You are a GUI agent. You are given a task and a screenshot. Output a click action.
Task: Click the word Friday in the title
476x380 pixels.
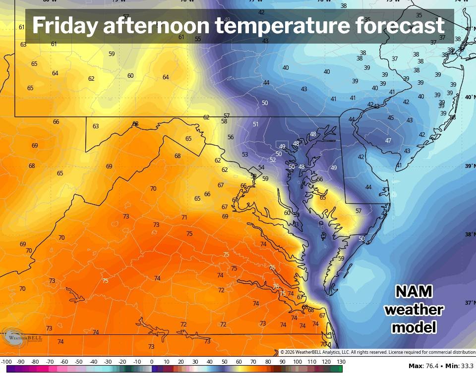coord(64,26)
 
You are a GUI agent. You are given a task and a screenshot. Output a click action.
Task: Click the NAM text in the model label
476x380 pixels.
coord(414,291)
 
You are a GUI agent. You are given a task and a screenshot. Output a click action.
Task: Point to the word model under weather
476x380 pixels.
coord(414,327)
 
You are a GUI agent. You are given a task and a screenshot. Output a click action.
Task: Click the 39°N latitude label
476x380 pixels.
coord(469,166)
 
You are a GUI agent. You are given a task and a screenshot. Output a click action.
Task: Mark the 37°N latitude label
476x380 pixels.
coord(469,303)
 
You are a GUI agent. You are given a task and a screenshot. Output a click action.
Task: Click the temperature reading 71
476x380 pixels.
coord(184,217)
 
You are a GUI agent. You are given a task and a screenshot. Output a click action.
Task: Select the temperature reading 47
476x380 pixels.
coord(388,141)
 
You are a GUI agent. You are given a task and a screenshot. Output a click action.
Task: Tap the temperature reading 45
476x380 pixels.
coord(391,118)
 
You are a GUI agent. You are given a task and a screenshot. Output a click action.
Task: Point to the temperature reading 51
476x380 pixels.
coord(256,124)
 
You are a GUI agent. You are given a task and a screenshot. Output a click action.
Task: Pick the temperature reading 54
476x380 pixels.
coord(261,167)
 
